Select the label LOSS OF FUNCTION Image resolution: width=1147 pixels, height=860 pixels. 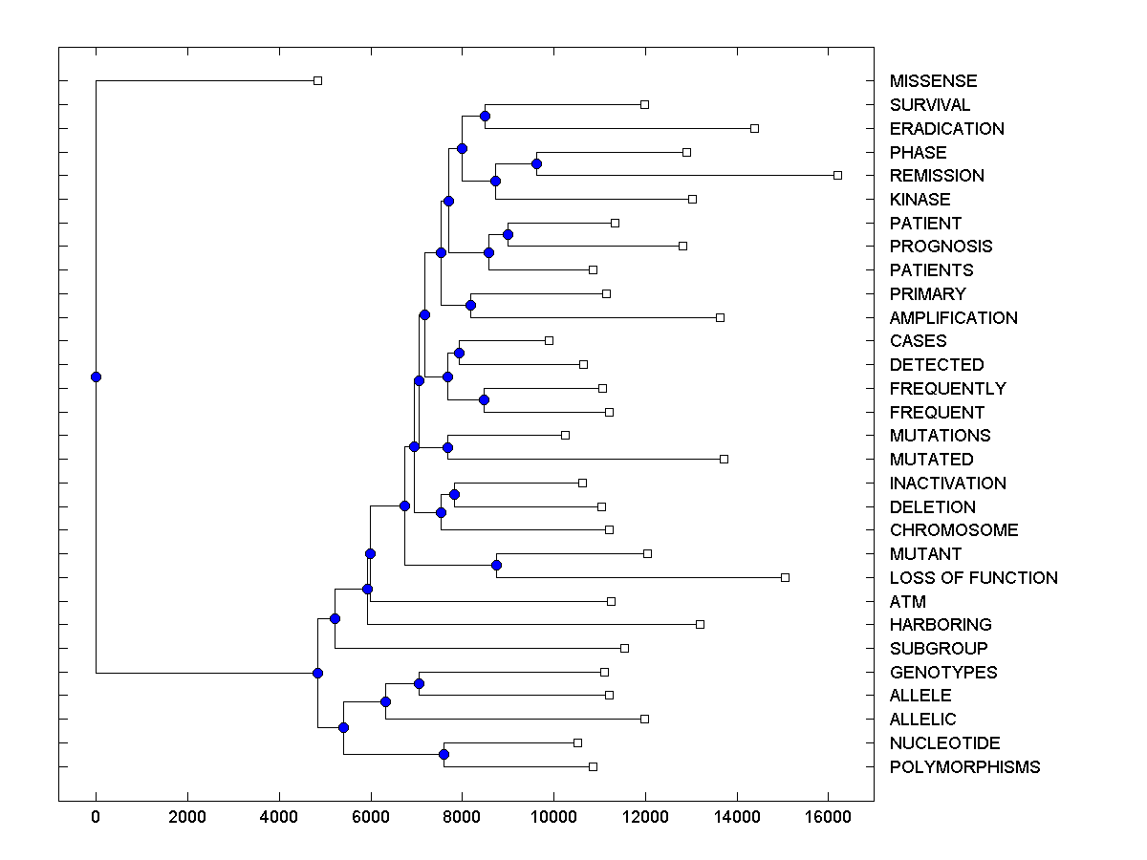coord(973,578)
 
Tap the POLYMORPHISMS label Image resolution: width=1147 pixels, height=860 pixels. coord(964,767)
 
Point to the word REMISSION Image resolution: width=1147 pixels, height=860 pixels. coord(936,176)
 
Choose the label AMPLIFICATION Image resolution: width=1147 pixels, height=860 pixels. coord(953,318)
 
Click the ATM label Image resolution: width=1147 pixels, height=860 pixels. coord(907,602)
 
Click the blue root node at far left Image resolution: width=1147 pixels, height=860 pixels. coord(96,376)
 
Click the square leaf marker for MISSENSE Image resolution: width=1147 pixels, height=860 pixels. coord(318,81)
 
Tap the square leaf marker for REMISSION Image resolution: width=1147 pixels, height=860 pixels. coord(837,175)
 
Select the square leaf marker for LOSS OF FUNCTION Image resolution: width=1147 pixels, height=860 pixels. coord(785,577)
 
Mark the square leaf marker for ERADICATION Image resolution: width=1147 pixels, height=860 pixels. coord(754,128)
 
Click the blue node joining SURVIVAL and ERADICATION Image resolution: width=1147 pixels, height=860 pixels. coord(485,116)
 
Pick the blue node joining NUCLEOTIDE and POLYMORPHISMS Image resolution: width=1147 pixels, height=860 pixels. coord(444,754)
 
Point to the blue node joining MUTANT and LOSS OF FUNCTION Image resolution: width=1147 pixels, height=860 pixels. coord(496,565)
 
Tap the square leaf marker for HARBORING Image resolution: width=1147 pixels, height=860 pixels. coord(700,624)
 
